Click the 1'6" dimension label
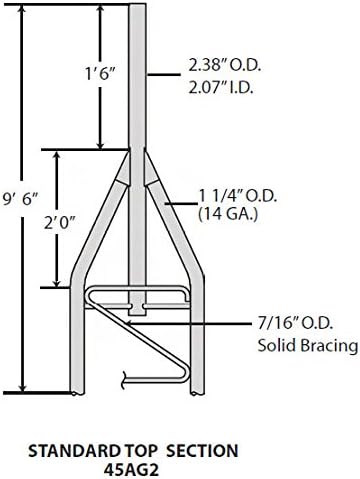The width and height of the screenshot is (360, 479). click(x=100, y=74)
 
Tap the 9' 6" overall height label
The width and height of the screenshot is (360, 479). click(x=21, y=200)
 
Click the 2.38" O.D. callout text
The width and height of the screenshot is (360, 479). click(x=225, y=66)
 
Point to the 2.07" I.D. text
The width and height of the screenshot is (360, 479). click(x=220, y=88)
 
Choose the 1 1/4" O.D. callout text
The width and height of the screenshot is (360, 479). click(x=237, y=197)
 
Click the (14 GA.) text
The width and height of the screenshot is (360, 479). click(x=228, y=213)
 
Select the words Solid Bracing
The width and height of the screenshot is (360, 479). click(x=308, y=345)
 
